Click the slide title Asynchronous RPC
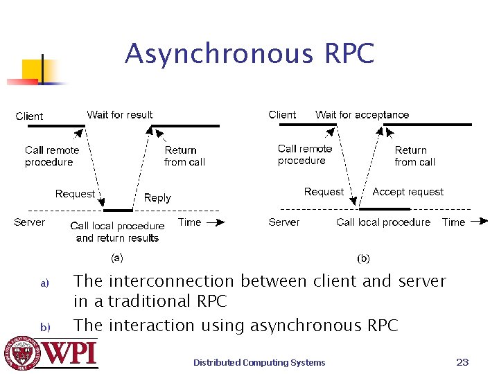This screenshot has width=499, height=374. click(249, 53)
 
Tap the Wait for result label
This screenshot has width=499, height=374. click(120, 114)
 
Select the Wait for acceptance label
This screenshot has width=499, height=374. click(362, 114)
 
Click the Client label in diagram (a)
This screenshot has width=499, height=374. click(29, 116)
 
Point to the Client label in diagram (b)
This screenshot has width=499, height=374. click(282, 114)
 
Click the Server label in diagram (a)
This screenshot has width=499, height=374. click(29, 222)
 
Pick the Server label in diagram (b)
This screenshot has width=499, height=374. click(284, 222)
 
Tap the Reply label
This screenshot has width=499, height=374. click(157, 198)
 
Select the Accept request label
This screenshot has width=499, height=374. click(408, 192)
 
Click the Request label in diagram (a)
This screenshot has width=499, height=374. click(75, 194)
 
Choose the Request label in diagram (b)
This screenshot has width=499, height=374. click(324, 192)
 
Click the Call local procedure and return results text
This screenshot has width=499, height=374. click(117, 232)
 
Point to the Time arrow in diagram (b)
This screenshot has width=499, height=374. click(479, 222)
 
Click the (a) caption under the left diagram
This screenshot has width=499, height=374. click(117, 258)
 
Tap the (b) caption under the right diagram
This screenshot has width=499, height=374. click(363, 258)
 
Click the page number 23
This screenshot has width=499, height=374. click(463, 362)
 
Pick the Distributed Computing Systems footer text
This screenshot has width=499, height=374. click(259, 362)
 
